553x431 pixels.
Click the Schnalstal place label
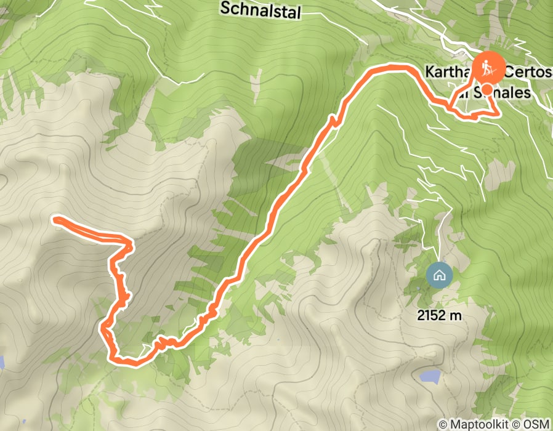point(259,9)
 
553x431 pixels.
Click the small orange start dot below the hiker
point(486,90)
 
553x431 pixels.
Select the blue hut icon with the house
point(439,275)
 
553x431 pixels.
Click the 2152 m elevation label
point(438,316)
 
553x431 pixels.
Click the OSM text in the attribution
point(538,424)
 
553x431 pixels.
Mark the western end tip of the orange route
point(55,218)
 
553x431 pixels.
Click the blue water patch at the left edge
point(2,362)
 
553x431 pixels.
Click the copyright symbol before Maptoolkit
point(442,424)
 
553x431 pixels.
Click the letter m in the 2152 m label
point(456,316)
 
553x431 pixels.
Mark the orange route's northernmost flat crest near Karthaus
point(392,66)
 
